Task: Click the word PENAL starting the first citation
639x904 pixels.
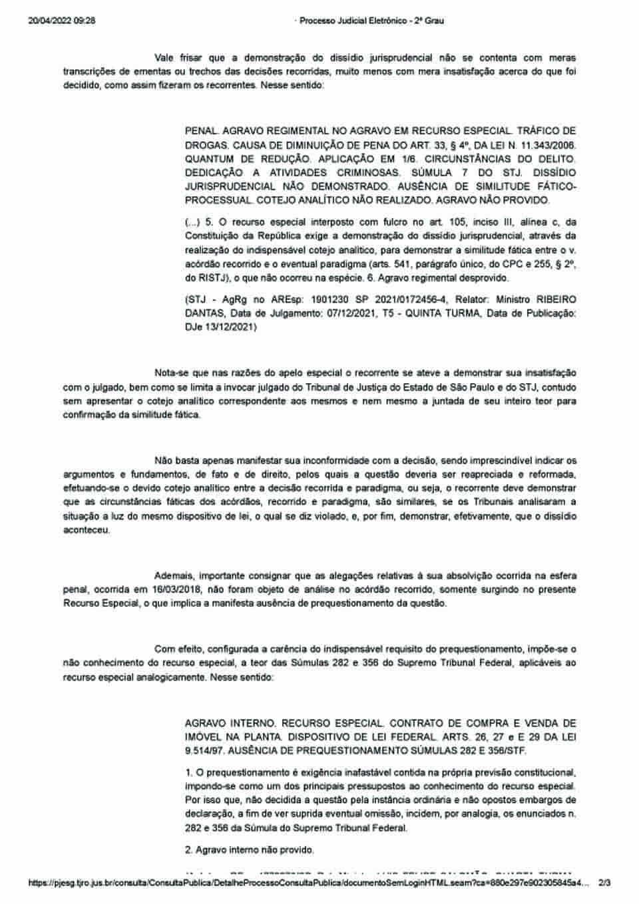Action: coord(201,131)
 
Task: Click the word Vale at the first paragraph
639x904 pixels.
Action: coord(164,59)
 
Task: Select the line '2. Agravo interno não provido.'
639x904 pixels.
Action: coord(249,849)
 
